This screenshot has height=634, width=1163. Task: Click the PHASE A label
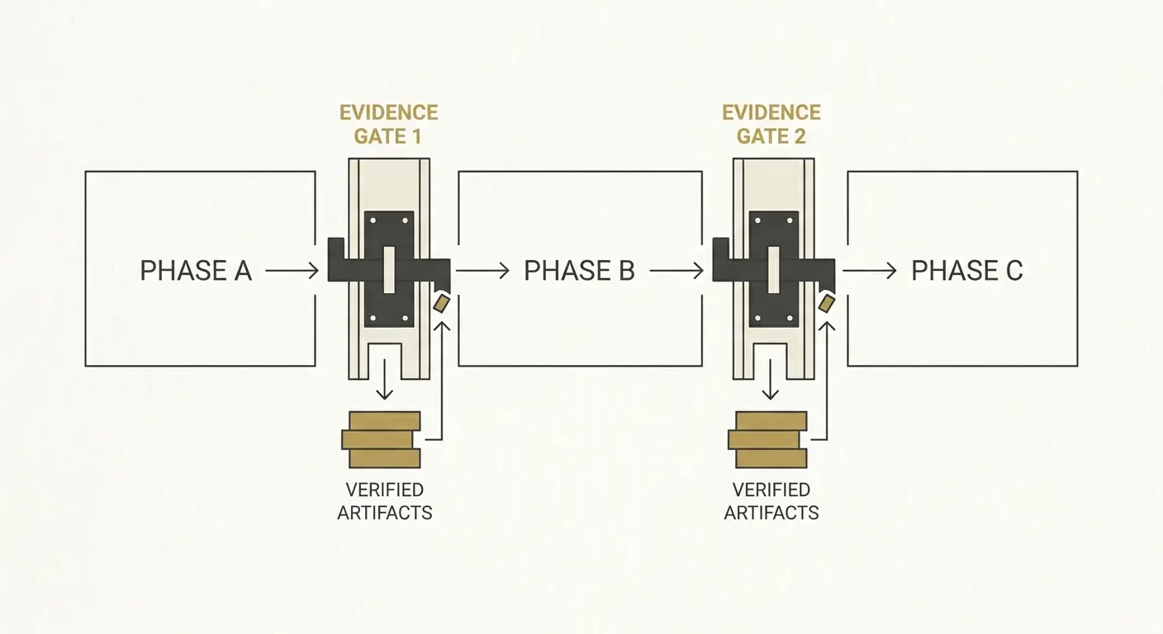coord(196,271)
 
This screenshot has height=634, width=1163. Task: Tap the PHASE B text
coord(579,271)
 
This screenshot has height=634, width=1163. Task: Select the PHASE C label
coord(967,271)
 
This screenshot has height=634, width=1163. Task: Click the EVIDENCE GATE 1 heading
coord(388,125)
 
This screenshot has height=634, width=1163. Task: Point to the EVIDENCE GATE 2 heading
coord(771,125)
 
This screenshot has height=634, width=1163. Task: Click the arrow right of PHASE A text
coord(292,271)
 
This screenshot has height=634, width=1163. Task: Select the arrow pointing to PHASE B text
coord(482,271)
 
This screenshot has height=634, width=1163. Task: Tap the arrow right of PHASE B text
coord(676,271)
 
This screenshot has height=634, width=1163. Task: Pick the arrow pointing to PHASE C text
coord(870,271)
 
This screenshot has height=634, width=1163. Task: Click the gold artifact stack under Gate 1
coord(381,440)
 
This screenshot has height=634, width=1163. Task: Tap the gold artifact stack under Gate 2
coord(768,440)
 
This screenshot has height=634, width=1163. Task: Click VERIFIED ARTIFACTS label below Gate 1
coord(385,501)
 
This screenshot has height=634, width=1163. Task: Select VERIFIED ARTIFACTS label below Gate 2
coord(771,501)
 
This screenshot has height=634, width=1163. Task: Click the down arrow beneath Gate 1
coord(384,379)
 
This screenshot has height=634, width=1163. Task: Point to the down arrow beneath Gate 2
coord(770,379)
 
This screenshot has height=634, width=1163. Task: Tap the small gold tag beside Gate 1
coord(441,303)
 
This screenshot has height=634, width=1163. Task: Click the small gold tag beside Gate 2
coord(827,303)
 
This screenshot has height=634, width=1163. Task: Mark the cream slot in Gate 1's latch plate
coord(389,270)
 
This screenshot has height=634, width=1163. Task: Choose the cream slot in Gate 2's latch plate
coord(774,270)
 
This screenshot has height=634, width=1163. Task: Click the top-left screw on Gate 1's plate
coord(373,221)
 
